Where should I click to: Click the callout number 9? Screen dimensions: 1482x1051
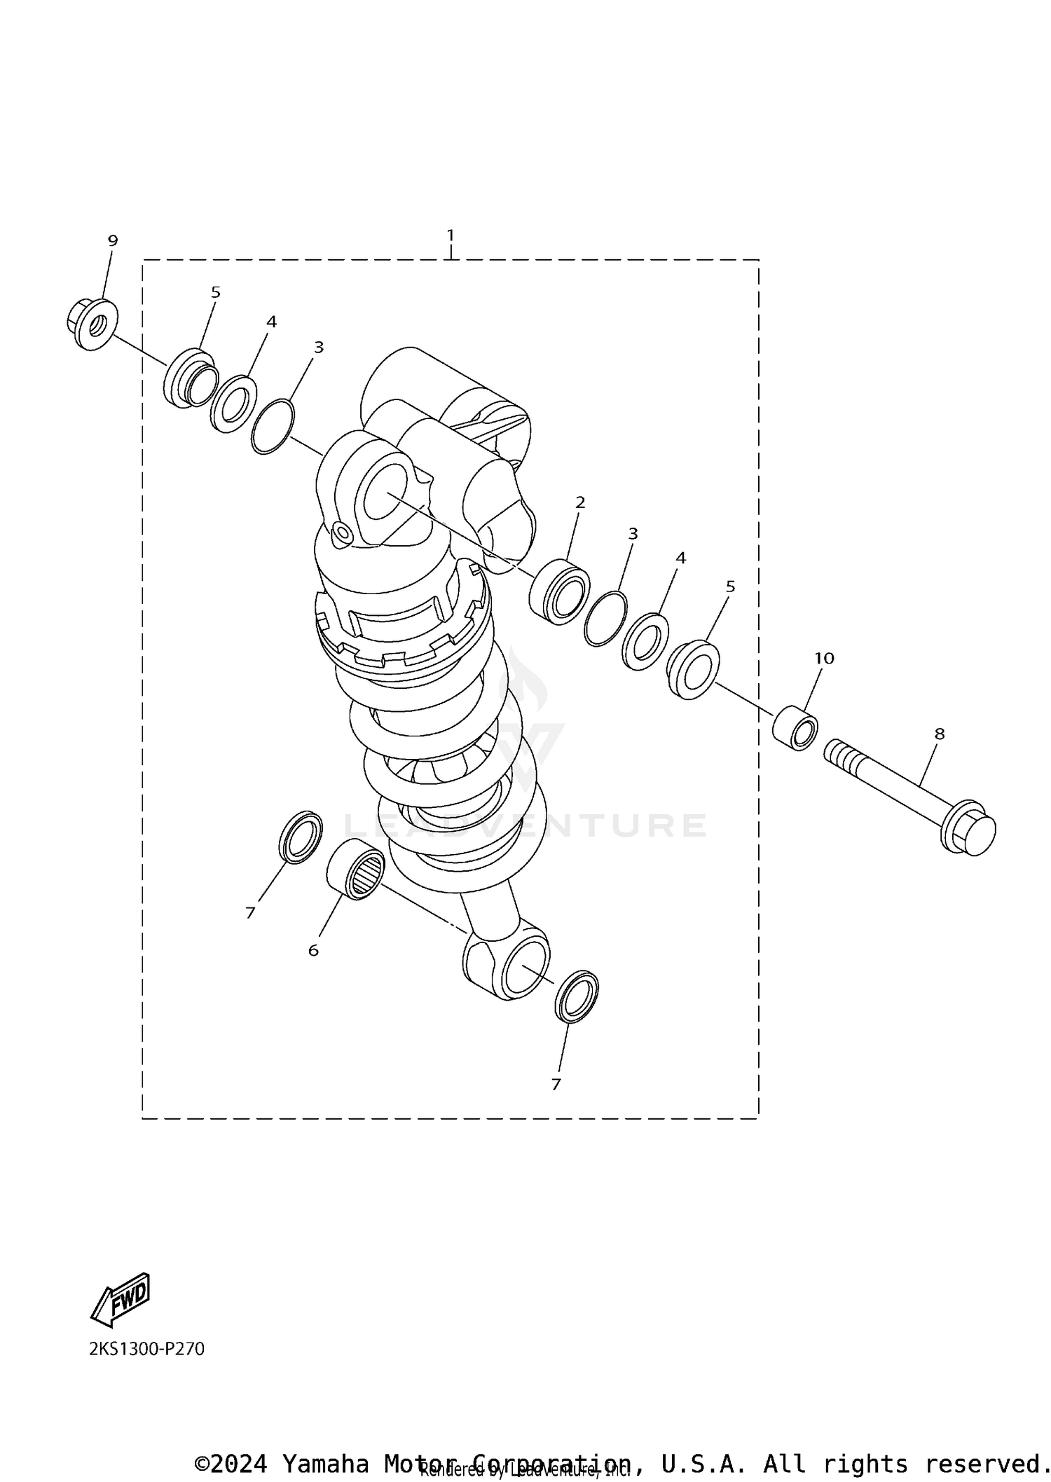[x=113, y=240]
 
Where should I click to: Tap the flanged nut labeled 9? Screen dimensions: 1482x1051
[x=92, y=324]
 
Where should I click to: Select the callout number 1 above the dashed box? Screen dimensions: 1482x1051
[x=451, y=234]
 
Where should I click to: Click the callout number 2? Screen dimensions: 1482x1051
[x=580, y=502]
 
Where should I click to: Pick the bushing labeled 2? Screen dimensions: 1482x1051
[x=559, y=591]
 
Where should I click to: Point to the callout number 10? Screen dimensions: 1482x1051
[x=824, y=658]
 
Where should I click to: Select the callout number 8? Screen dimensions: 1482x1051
[x=940, y=734]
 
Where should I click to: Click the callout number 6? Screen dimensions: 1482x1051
[x=313, y=950]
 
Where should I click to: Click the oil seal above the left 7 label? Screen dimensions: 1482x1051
[x=301, y=837]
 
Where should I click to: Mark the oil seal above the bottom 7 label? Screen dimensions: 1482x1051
[x=577, y=996]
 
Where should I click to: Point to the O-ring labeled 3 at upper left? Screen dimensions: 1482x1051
[x=273, y=427]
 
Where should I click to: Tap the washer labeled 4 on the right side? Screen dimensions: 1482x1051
[x=645, y=641]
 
